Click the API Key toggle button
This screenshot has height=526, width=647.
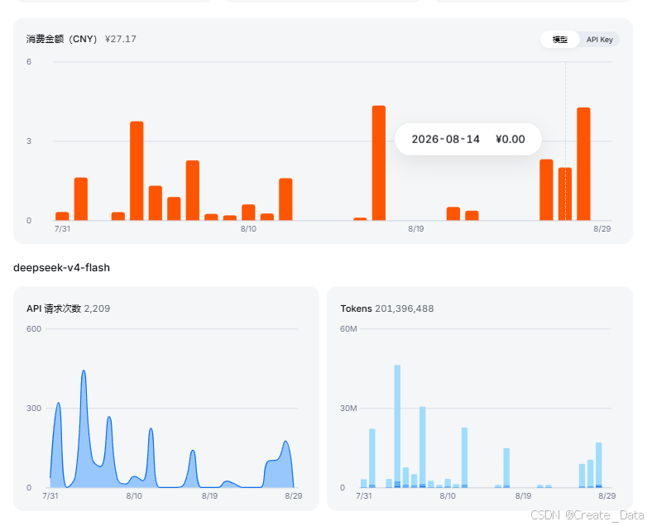click(x=600, y=40)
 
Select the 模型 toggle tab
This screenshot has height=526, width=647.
click(x=560, y=40)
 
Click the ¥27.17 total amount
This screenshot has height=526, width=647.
click(x=121, y=39)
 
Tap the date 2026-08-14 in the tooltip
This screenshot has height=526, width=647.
click(x=446, y=139)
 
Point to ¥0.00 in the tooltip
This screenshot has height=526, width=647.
click(x=510, y=139)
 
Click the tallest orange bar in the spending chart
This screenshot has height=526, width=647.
click(x=379, y=163)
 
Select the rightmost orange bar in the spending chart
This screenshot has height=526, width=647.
click(x=583, y=164)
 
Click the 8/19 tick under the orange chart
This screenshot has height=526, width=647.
click(x=416, y=228)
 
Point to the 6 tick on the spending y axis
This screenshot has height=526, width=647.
click(x=29, y=62)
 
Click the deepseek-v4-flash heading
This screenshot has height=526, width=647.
click(x=61, y=268)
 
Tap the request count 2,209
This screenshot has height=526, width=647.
click(x=97, y=308)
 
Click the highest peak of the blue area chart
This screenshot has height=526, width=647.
click(x=84, y=371)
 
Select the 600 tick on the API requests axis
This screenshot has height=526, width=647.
click(x=34, y=329)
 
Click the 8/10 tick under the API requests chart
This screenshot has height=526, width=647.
click(x=134, y=495)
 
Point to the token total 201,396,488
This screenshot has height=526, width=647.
click(x=405, y=308)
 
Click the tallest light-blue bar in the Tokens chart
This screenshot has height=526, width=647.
click(x=397, y=426)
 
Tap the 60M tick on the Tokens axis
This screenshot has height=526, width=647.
click(x=348, y=329)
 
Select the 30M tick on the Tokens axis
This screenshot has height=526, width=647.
click(x=348, y=408)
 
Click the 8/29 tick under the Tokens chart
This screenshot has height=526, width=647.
click(x=607, y=495)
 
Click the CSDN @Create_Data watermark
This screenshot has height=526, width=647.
click(x=587, y=515)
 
